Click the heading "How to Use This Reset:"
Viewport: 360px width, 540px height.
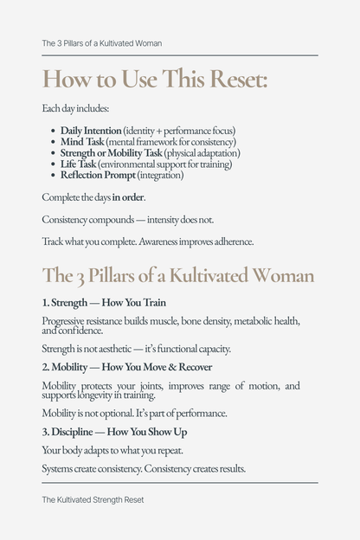point(155,80)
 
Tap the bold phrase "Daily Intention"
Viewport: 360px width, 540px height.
point(91,130)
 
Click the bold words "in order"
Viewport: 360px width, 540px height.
point(127,197)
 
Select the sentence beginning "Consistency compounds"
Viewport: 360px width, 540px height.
point(127,220)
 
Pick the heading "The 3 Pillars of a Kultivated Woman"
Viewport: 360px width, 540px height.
point(177,275)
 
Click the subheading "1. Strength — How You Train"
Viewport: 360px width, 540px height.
point(104,303)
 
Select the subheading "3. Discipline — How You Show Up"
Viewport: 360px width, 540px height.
point(115,431)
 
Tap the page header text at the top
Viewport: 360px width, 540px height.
point(101,43)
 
